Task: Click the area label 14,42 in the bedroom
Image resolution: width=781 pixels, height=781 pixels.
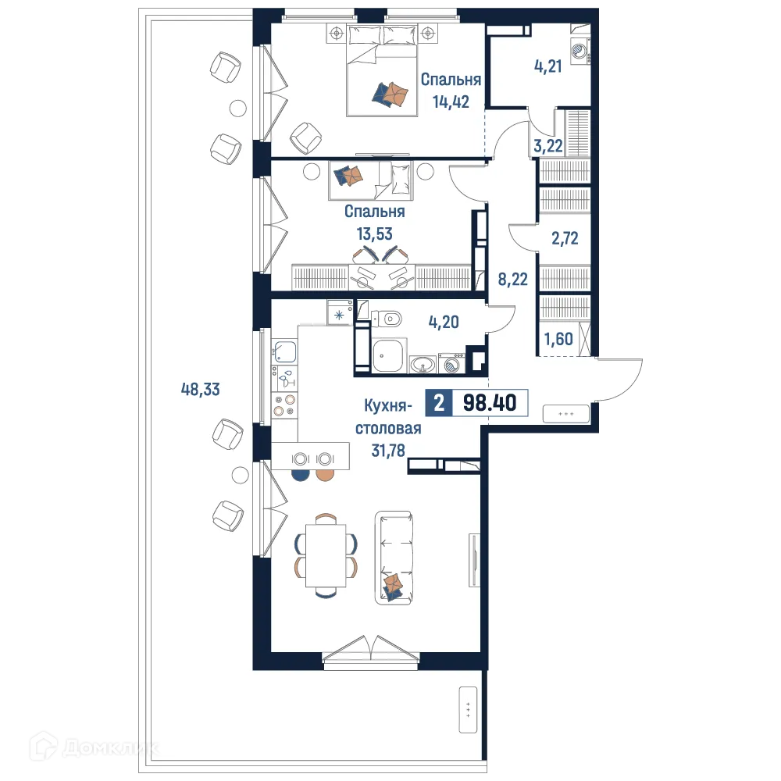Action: [x=451, y=102]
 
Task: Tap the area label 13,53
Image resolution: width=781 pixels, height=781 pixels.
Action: [x=374, y=233]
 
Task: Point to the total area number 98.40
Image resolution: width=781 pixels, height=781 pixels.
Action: [x=489, y=403]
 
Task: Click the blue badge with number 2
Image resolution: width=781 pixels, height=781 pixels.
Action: [x=439, y=403]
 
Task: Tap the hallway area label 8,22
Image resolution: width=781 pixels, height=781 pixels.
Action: [x=512, y=276]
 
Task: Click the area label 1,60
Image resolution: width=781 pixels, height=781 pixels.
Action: [x=558, y=340]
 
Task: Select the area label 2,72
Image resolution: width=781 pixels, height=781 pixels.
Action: [x=565, y=239]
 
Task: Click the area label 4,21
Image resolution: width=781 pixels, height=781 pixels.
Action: [x=549, y=68]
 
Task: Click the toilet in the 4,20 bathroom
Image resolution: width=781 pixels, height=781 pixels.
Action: [x=388, y=318]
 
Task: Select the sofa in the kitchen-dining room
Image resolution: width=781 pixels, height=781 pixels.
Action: [x=394, y=555]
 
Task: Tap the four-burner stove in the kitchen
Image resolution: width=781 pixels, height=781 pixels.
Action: [x=284, y=405]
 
